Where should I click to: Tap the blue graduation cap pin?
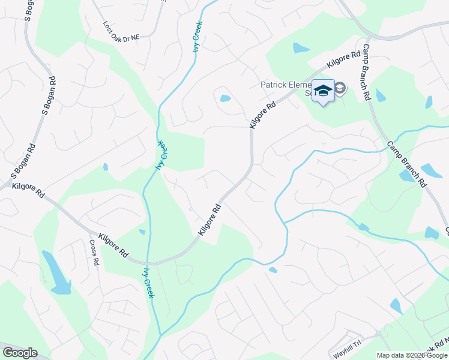point(323,91)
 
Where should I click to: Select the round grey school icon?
point(340,89)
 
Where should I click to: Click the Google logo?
point(19,353)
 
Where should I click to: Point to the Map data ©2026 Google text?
point(412,355)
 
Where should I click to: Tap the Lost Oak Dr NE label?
point(121,32)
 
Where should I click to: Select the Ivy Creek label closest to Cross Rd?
point(148,282)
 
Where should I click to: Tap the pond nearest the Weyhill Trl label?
point(396,306)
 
